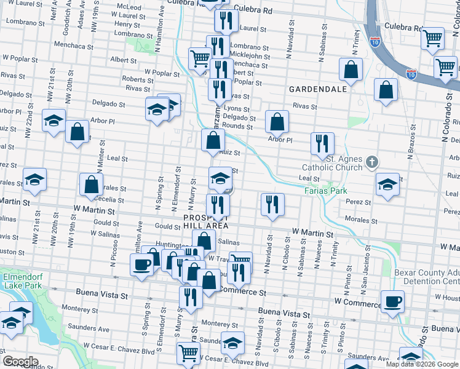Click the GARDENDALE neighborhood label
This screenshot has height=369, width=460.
point(319,89)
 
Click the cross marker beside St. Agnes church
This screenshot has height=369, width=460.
point(371,162)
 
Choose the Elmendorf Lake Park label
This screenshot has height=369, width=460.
point(22,281)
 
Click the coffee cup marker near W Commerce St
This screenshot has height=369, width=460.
point(392,301)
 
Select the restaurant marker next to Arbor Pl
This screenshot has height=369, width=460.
point(322,143)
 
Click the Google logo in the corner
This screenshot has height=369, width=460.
point(20,362)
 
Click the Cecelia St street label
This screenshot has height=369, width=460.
point(111,199)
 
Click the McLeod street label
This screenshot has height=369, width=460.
point(129,7)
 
